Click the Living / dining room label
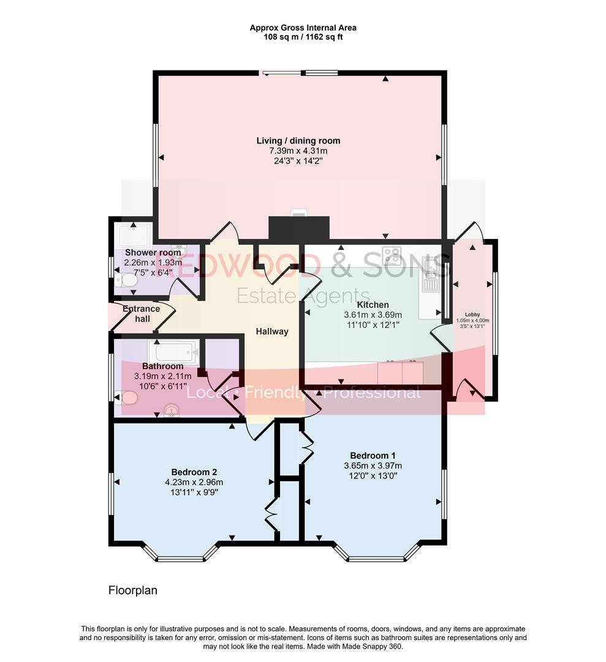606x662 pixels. click(298, 141)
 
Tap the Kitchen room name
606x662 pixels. click(373, 305)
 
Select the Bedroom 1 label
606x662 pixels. click(373, 455)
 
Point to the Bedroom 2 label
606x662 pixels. click(194, 472)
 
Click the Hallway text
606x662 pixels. click(272, 332)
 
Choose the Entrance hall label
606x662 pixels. click(141, 313)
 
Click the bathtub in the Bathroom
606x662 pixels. click(173, 352)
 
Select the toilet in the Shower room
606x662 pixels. click(126, 280)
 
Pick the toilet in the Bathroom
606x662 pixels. click(126, 398)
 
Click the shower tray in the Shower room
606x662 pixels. click(134, 235)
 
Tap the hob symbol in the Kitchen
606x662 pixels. click(392, 256)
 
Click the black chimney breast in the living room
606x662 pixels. click(299, 229)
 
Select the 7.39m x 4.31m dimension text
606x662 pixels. click(298, 151)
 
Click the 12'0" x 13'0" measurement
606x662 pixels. click(373, 475)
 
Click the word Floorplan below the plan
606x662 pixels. click(133, 591)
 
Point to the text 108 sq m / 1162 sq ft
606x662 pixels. click(303, 37)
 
